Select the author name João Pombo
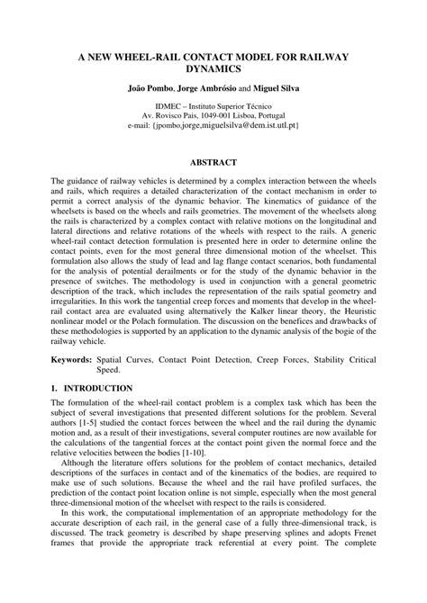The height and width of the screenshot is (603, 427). coord(150,88)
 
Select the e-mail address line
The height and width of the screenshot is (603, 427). coord(213,127)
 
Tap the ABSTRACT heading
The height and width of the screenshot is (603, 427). coord(213,162)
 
